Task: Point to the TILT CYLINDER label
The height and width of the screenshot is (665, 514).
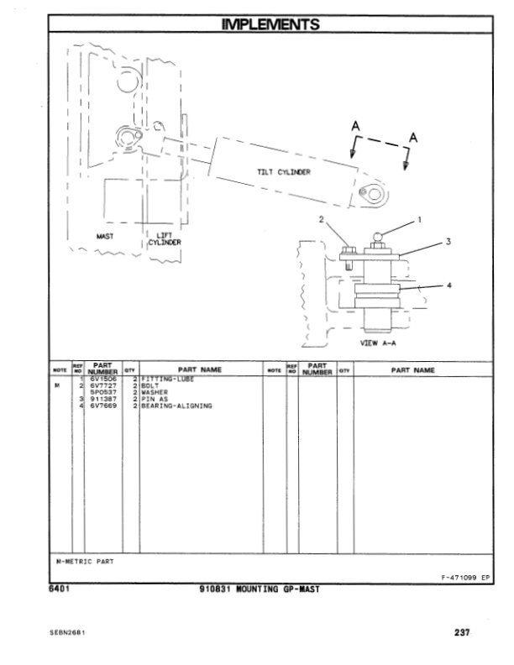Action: [284, 172]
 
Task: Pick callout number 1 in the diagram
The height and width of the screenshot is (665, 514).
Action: [419, 219]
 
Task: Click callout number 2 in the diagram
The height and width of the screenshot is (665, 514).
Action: [320, 219]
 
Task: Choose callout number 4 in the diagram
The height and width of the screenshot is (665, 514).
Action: [448, 285]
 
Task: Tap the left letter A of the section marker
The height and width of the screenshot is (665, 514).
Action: [355, 127]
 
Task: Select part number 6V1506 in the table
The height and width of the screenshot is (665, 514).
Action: [103, 380]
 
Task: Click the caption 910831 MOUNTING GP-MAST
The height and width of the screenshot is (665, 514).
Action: [256, 589]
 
